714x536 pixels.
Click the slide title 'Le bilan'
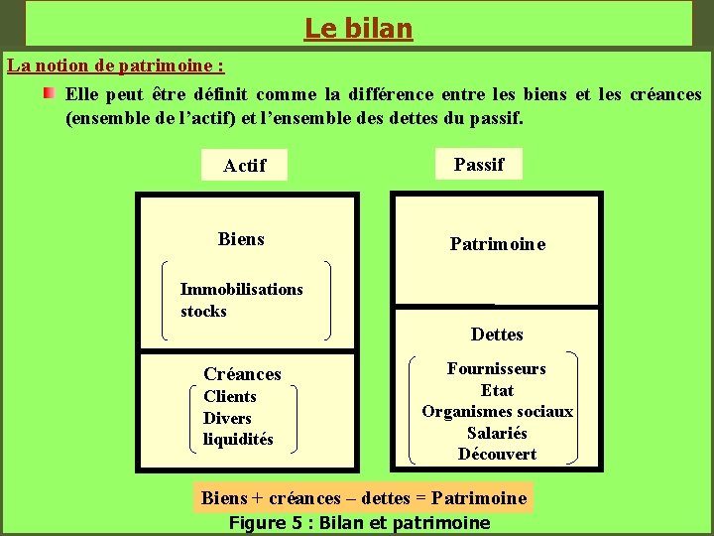(x=358, y=29)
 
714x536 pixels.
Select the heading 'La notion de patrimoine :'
(x=116, y=67)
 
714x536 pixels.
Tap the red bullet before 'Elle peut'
(x=48, y=94)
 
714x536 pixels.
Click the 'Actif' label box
(x=244, y=166)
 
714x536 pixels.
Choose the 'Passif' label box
(x=479, y=165)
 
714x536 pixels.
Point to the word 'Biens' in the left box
(x=241, y=239)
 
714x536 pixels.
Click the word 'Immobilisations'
(x=242, y=290)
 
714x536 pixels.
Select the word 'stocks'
(x=203, y=312)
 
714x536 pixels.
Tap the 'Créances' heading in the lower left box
(x=242, y=374)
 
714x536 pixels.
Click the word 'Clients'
(x=230, y=397)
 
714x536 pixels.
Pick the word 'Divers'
(x=227, y=419)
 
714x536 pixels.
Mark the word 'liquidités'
(x=238, y=440)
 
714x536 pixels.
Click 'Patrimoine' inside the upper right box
(x=498, y=244)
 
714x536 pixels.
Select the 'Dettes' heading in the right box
(x=497, y=335)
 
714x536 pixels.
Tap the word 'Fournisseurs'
(x=497, y=369)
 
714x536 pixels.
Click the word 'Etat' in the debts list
(x=497, y=391)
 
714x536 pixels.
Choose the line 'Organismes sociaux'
(x=497, y=412)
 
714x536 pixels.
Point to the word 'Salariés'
(x=497, y=434)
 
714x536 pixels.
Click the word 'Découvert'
(x=497, y=455)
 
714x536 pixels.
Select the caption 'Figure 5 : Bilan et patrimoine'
(x=359, y=523)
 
